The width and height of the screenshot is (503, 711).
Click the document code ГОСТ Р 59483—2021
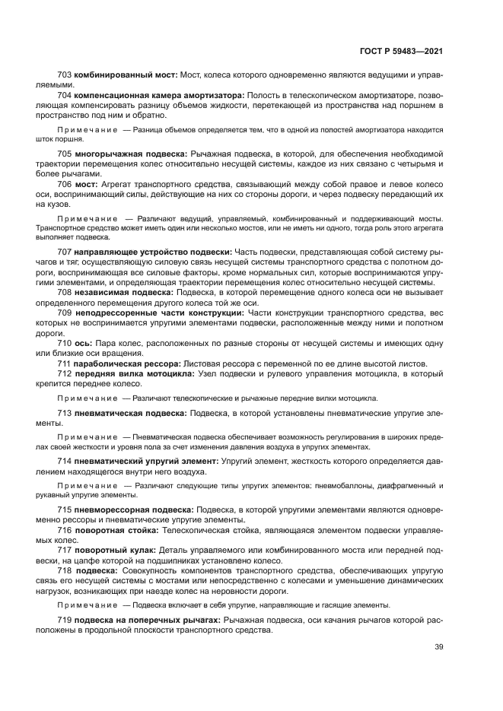pyautogui.click(x=401, y=51)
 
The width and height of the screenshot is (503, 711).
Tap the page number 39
pyautogui.click(x=438, y=647)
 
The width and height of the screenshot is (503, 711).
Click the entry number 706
pyautogui.click(x=65, y=183)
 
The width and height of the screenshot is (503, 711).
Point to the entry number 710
pyautogui.click(x=65, y=344)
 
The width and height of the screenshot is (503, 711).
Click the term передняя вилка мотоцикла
pyautogui.click(x=134, y=373)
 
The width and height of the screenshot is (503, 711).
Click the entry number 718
pyautogui.click(x=65, y=569)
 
